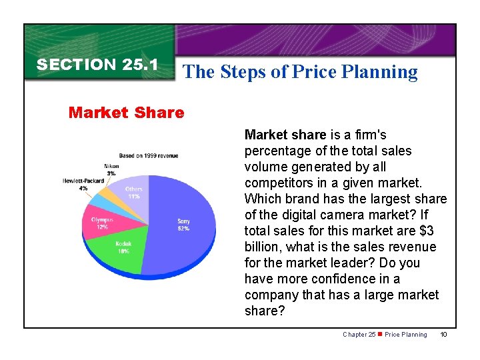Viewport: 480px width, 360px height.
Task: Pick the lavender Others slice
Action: tap(136, 194)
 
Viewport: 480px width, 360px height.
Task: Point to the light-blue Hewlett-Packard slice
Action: tap(99, 201)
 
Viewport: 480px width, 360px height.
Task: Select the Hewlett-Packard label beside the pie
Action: tap(83, 181)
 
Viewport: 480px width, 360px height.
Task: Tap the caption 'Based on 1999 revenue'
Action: tap(149, 155)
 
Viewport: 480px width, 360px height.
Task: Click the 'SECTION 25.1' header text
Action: tap(97, 65)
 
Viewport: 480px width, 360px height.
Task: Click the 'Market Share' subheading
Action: tap(126, 112)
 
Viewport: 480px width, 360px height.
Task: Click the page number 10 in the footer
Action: tap(444, 335)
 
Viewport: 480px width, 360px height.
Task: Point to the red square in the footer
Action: tap(380, 334)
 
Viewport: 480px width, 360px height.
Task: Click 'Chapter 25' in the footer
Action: tap(359, 335)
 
